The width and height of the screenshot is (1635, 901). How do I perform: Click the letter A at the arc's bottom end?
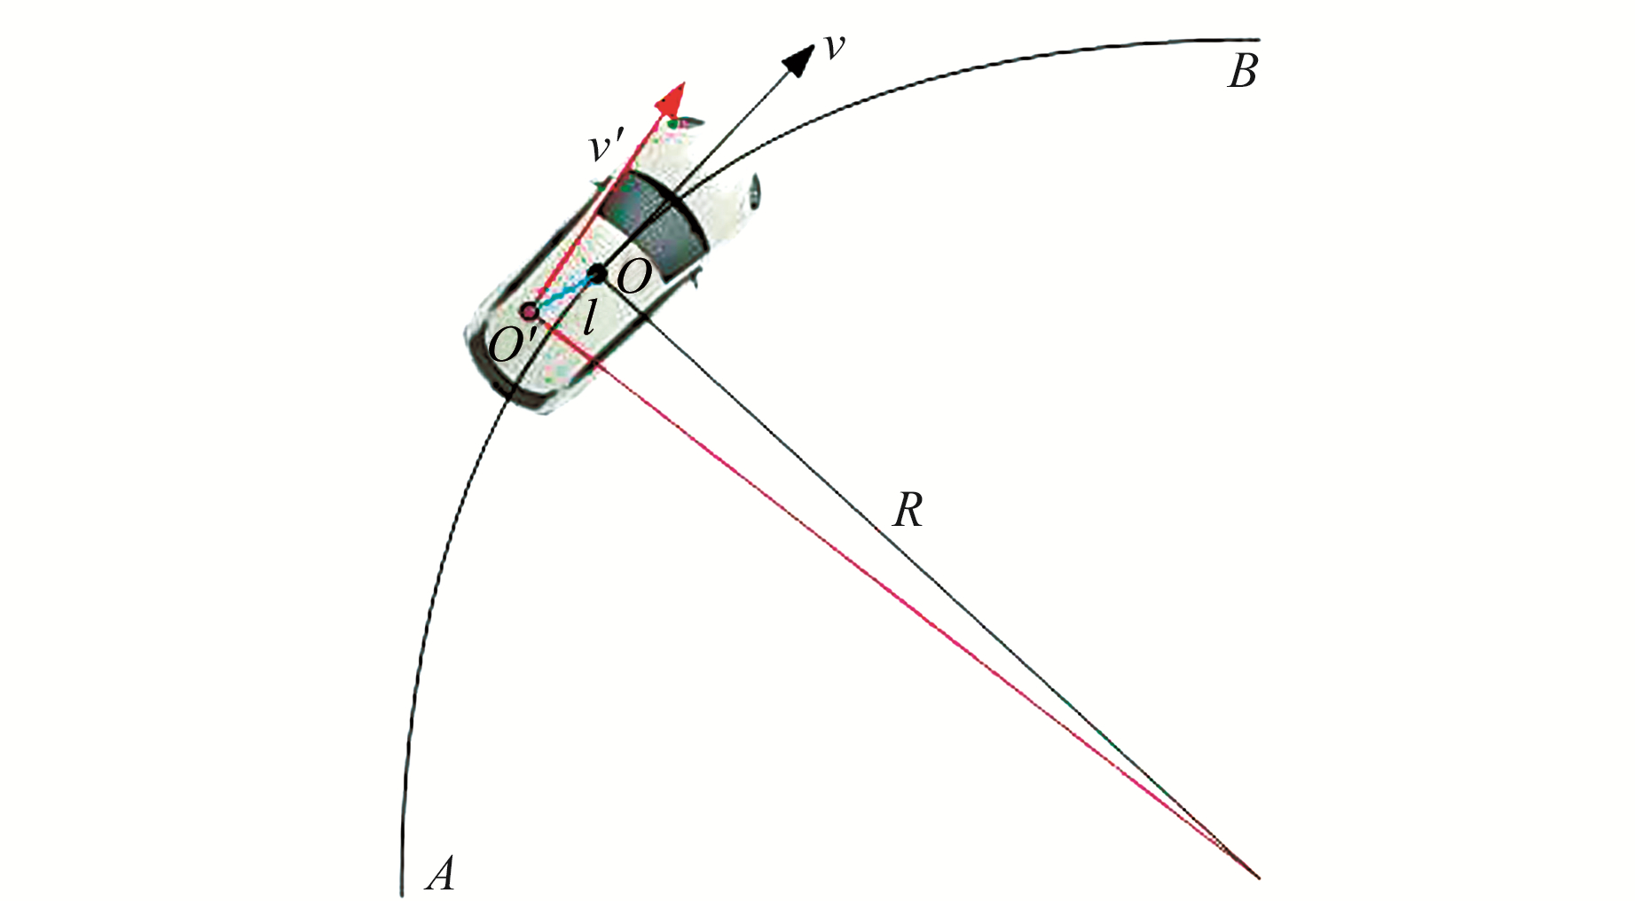pyautogui.click(x=441, y=874)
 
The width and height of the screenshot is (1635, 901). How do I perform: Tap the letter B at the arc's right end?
pyautogui.click(x=1243, y=72)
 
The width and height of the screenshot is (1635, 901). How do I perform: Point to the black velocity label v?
pyautogui.click(x=834, y=47)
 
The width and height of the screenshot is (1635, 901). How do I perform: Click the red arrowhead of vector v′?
pyautogui.click(x=673, y=98)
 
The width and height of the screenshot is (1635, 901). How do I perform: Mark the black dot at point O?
pyautogui.click(x=599, y=273)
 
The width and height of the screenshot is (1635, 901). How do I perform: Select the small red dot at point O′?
pyautogui.click(x=529, y=310)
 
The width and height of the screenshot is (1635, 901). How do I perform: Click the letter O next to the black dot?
pyautogui.click(x=633, y=278)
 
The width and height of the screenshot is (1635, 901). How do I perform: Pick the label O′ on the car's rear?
pyautogui.click(x=509, y=345)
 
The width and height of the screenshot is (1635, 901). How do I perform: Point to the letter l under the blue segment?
pyautogui.click(x=588, y=317)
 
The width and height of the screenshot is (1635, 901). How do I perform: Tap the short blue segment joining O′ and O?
pyautogui.click(x=564, y=293)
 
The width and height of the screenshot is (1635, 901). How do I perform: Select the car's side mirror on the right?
pyautogui.click(x=754, y=191)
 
